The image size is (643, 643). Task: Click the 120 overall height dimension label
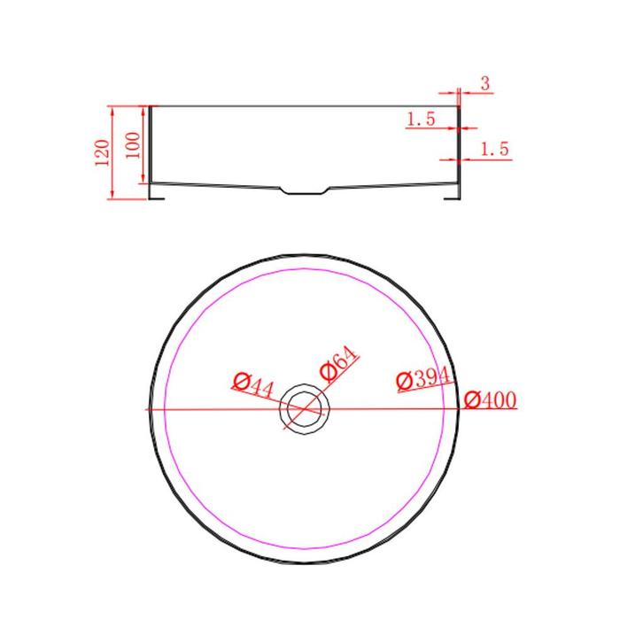(x=100, y=152)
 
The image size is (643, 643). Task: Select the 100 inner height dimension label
(x=133, y=144)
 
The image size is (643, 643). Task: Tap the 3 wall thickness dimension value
(x=486, y=84)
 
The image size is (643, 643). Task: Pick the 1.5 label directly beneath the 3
(x=420, y=119)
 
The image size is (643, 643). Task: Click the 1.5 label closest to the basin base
(x=494, y=150)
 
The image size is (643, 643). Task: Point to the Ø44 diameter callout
(x=252, y=383)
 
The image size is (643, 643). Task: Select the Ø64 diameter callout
(x=338, y=365)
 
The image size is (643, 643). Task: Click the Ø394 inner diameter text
(x=424, y=378)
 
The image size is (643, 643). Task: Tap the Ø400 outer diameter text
(x=489, y=400)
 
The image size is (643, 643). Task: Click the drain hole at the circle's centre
(x=305, y=409)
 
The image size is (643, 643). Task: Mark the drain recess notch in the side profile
(x=305, y=190)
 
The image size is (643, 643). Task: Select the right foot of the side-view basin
(x=453, y=192)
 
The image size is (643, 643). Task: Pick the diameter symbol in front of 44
(x=237, y=381)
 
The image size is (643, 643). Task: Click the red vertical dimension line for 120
(x=112, y=151)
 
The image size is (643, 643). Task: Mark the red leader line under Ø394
(x=423, y=387)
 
